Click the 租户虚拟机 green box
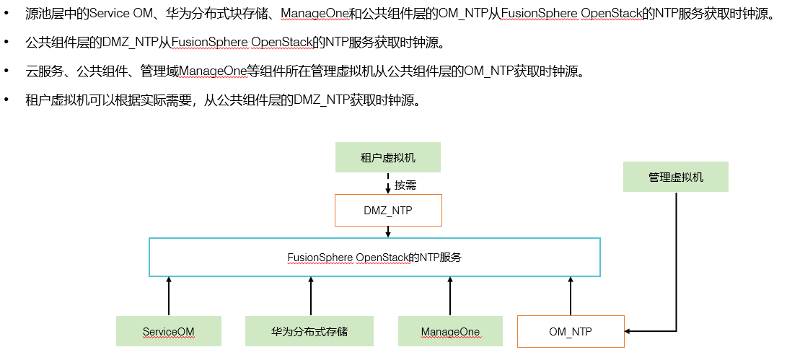tap(388, 157)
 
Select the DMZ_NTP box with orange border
tap(388, 210)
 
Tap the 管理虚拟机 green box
tap(675, 177)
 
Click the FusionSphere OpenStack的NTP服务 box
tap(374, 257)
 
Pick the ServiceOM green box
tap(168, 331)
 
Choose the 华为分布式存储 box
tap(309, 331)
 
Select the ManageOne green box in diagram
tap(450, 331)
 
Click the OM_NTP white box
tap(571, 331)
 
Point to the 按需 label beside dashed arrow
tap(405, 185)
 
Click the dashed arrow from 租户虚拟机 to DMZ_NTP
tap(388, 183)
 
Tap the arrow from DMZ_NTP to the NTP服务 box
tap(388, 232)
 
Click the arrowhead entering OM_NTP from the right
tap(629, 331)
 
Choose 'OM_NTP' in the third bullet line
tap(487, 71)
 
